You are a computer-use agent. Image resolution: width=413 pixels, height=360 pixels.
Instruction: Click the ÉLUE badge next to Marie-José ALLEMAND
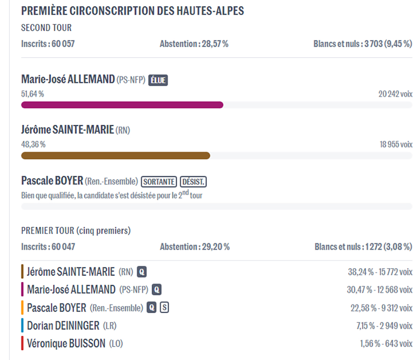[x=158, y=80]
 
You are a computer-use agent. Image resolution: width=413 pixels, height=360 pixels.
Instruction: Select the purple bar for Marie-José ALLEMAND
[x=122, y=105]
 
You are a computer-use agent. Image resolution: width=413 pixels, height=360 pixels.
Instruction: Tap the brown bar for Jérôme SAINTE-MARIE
[x=115, y=155]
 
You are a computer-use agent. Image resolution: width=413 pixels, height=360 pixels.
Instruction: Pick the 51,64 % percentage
[x=33, y=94]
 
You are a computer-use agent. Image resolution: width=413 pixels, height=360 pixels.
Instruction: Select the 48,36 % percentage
[x=33, y=145]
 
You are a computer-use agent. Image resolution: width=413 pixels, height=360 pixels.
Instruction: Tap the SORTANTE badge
[x=159, y=182]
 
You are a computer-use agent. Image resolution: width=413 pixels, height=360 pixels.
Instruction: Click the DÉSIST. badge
[x=193, y=182]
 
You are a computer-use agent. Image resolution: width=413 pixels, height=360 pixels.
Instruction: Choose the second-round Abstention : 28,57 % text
[x=194, y=44]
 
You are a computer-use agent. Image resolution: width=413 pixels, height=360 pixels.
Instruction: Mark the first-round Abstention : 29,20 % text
[x=194, y=247]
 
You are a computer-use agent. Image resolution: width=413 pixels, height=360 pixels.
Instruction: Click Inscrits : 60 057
[x=48, y=44]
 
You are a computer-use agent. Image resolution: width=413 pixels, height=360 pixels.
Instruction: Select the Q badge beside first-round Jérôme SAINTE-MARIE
[x=142, y=272]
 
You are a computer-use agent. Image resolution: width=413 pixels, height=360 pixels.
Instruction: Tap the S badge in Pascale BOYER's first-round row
[x=164, y=308]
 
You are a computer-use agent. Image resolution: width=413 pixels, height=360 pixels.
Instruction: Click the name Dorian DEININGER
[x=63, y=326]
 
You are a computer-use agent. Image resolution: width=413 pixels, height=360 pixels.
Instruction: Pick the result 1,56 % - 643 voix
[x=386, y=344]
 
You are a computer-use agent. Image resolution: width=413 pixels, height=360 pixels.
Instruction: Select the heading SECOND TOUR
[x=46, y=28]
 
